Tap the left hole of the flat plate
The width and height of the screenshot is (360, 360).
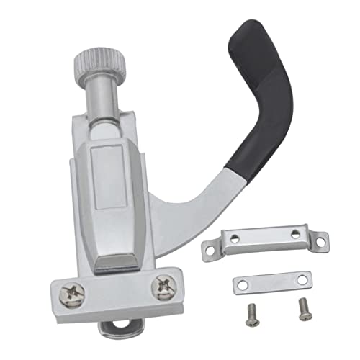243,286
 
